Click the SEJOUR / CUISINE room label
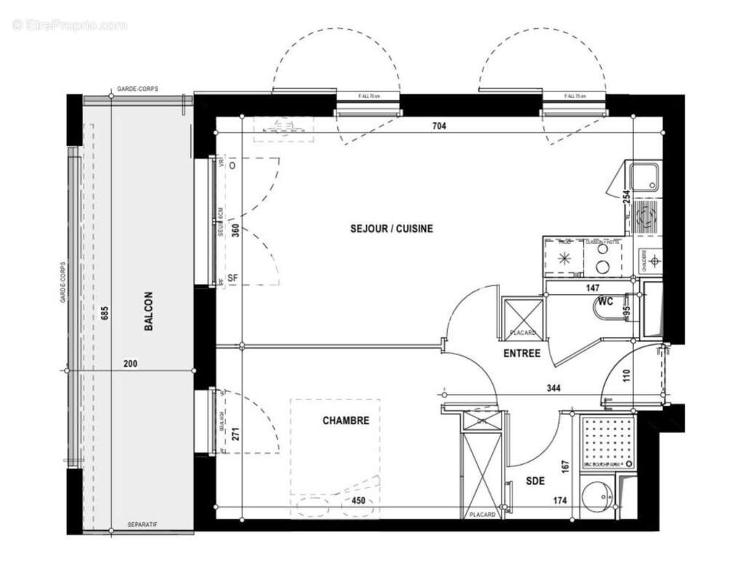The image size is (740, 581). click(391, 229)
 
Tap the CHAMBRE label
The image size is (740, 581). click(346, 420)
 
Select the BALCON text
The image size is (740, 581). click(148, 312)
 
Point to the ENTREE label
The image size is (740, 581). click(522, 354)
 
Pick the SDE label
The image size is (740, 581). click(536, 480)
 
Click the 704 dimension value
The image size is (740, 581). click(438, 126)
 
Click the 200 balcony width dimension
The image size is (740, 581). click(130, 364)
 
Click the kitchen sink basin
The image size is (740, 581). click(644, 177)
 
